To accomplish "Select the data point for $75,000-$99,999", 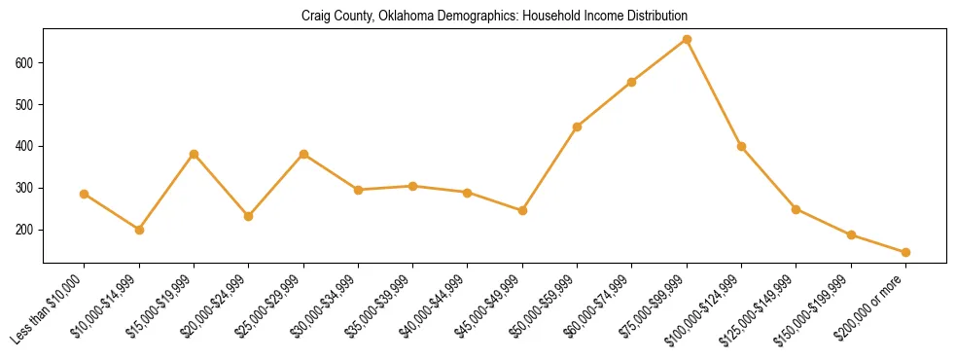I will point(687,40).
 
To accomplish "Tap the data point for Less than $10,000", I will point(85,194).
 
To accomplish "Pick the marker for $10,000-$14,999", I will point(139,230).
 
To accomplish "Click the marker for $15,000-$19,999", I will point(195,154).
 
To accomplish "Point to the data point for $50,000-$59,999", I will point(578,126).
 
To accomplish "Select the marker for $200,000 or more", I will point(905,252).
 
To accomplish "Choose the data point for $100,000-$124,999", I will point(741,146).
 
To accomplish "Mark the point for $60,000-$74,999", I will point(632,82).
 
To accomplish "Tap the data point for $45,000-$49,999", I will point(522,210).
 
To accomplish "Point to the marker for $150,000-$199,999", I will point(851,234).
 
